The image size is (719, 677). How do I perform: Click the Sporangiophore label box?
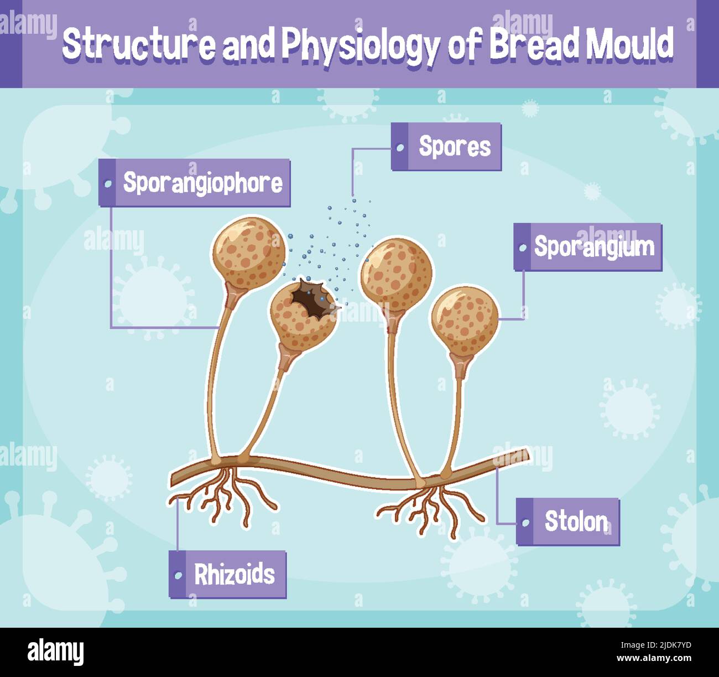(195, 183)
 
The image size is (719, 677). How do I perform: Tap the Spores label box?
(446, 147)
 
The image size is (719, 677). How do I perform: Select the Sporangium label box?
(588, 247)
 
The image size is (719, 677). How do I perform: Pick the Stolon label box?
(568, 521)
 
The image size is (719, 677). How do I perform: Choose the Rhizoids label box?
(227, 575)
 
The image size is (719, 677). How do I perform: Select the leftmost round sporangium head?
(249, 252)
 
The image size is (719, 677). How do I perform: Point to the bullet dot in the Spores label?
(400, 147)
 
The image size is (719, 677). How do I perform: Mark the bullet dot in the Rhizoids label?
(178, 575)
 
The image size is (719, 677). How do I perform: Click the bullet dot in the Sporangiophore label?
(108, 183)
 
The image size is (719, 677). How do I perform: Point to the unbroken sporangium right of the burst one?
(396, 274)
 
